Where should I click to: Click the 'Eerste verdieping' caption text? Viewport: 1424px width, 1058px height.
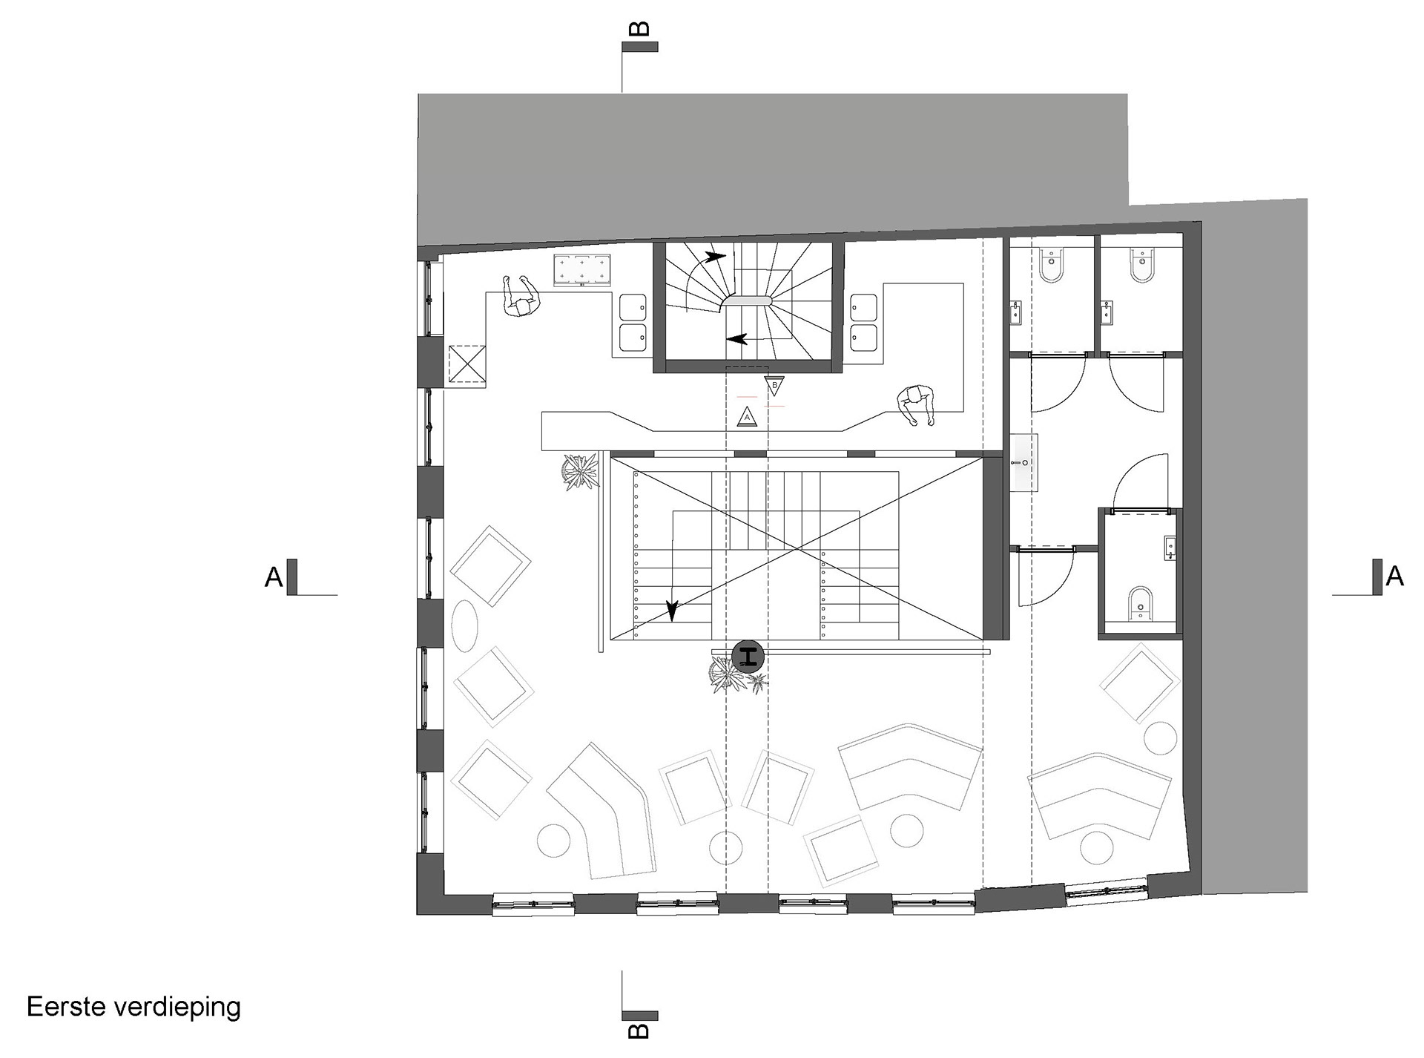[134, 1008]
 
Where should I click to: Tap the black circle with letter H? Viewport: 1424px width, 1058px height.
[748, 656]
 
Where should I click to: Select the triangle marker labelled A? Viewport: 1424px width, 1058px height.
[747, 418]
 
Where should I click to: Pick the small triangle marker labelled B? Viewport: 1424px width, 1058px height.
[774, 386]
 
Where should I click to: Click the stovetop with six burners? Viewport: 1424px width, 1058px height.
[582, 271]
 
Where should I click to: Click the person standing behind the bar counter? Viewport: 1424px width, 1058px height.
[916, 405]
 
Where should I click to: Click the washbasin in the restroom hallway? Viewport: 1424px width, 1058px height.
[1024, 463]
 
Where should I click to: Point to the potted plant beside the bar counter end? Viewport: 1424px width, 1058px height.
[579, 472]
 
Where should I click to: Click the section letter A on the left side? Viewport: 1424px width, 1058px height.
[274, 576]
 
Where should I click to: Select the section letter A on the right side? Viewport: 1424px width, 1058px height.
[1394, 576]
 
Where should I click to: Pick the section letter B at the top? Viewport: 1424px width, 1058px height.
[639, 29]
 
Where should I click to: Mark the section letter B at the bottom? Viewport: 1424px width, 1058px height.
[639, 1030]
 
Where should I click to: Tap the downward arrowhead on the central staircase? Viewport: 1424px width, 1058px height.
[672, 611]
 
